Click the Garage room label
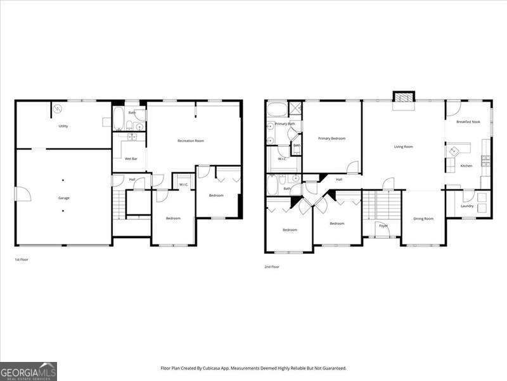pyautogui.click(x=64, y=197)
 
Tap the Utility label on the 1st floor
pyautogui.click(x=63, y=126)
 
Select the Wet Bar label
pyautogui.click(x=131, y=158)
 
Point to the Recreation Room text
pyautogui.click(x=190, y=140)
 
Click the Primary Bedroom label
pyautogui.click(x=331, y=138)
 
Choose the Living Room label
pyautogui.click(x=403, y=147)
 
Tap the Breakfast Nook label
pyautogui.click(x=468, y=121)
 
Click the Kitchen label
pyautogui.click(x=466, y=166)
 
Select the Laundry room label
pyautogui.click(x=467, y=206)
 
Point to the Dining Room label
pyautogui.click(x=423, y=218)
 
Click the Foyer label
pyautogui.click(x=383, y=225)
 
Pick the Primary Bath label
pyautogui.click(x=285, y=123)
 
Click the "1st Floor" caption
pyautogui.click(x=22, y=260)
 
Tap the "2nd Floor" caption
pyautogui.click(x=272, y=267)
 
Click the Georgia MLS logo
pyautogui.click(x=29, y=371)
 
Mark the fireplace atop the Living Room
pyautogui.click(x=402, y=98)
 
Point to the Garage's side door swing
pyautogui.click(x=22, y=194)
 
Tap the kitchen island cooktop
pyautogui.click(x=454, y=151)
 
